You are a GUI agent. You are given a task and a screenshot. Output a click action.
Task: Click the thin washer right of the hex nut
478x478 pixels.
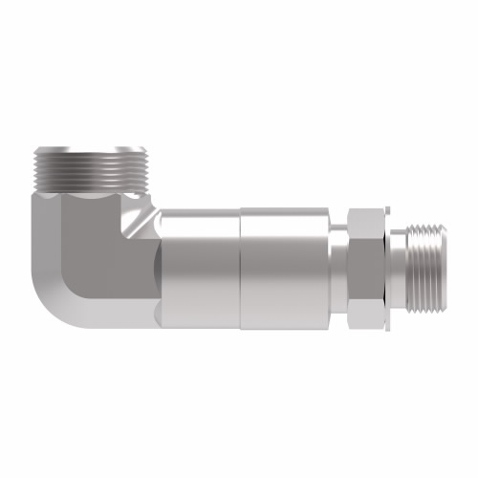tap(390, 258)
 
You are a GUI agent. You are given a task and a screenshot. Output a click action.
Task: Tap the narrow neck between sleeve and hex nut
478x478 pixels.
tap(338, 258)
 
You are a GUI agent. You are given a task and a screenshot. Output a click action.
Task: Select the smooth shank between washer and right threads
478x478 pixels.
tap(402, 258)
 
